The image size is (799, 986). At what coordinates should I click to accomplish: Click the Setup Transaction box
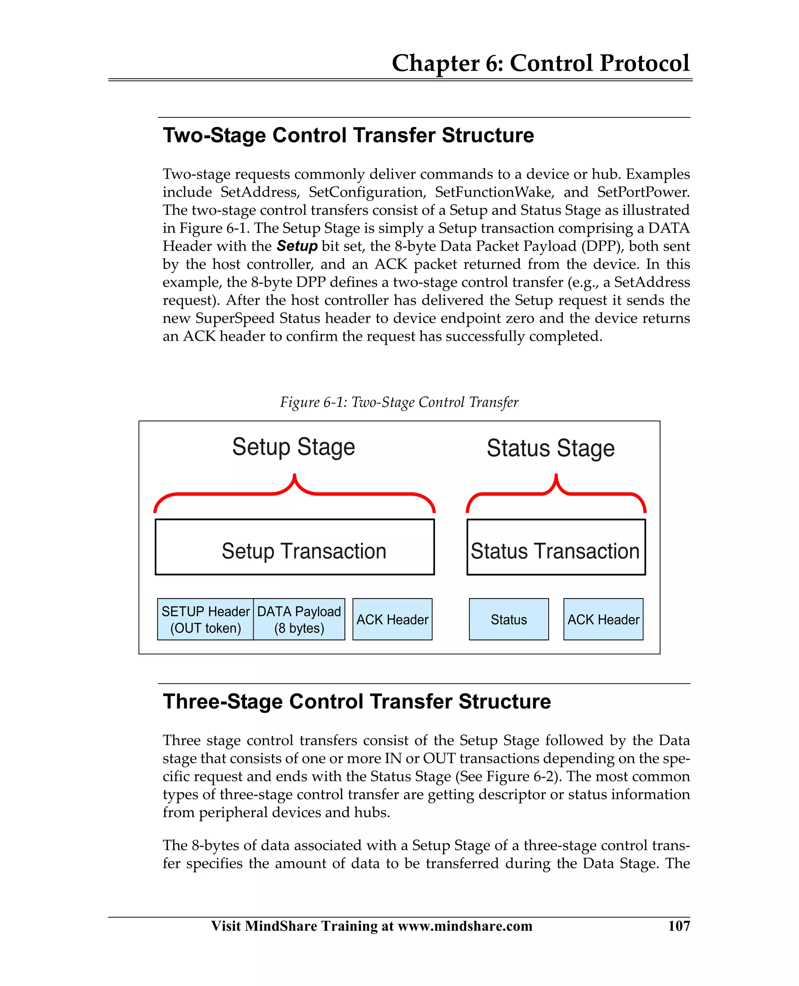(x=295, y=547)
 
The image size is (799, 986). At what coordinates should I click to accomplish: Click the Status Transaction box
(x=556, y=547)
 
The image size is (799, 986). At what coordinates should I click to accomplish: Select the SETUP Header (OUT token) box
(x=205, y=619)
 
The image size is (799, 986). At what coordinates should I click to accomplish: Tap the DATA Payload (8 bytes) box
(x=299, y=619)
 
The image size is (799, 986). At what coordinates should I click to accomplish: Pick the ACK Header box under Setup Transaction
(x=392, y=619)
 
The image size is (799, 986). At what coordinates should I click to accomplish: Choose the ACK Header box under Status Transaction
(x=603, y=619)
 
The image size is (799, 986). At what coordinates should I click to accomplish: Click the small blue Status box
(x=509, y=619)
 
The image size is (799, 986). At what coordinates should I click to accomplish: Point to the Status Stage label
(x=550, y=448)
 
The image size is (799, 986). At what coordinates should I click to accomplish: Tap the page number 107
(x=679, y=925)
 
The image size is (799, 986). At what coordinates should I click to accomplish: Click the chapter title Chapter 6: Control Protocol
(x=540, y=63)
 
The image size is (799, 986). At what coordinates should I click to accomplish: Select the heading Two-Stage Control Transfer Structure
(x=348, y=135)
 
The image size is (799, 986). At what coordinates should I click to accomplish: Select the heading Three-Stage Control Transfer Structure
(x=357, y=701)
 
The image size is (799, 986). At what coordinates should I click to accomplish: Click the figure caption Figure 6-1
(x=399, y=402)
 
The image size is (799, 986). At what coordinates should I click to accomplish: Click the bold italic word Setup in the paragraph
(x=297, y=246)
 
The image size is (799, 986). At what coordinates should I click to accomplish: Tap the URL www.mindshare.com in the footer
(x=465, y=925)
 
